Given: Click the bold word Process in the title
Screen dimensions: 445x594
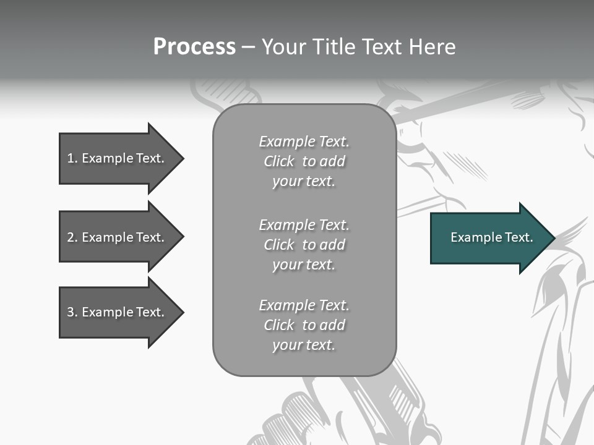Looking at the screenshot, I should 194,47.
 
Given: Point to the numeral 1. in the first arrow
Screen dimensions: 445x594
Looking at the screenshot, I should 72,158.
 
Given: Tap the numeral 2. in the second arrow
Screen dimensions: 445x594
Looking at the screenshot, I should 72,237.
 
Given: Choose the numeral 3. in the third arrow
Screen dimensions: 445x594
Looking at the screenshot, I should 72,312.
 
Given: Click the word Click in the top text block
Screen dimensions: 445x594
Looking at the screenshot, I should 278,161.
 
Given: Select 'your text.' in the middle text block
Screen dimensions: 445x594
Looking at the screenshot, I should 304,265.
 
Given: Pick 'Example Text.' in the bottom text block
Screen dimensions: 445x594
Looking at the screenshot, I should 304,305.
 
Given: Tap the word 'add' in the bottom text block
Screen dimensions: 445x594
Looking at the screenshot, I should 332,325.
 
